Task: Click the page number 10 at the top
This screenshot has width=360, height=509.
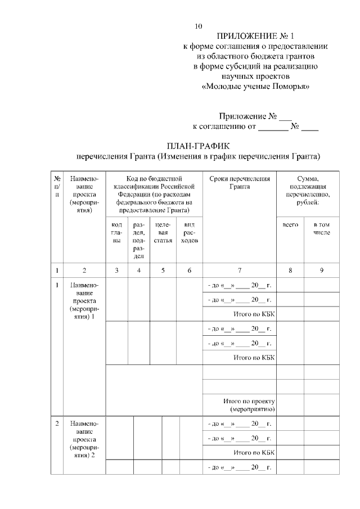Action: (x=197, y=26)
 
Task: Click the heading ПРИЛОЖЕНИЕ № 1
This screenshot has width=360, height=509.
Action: (x=255, y=37)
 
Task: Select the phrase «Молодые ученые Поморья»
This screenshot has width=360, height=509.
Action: (x=255, y=87)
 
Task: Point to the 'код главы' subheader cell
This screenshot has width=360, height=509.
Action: (x=117, y=232)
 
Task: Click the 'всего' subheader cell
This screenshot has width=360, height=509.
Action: (x=290, y=224)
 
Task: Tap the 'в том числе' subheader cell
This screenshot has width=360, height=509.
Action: (x=322, y=228)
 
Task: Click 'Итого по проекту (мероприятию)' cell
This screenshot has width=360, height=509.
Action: (x=248, y=405)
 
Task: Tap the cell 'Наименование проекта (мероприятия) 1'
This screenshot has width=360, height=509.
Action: (x=83, y=303)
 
